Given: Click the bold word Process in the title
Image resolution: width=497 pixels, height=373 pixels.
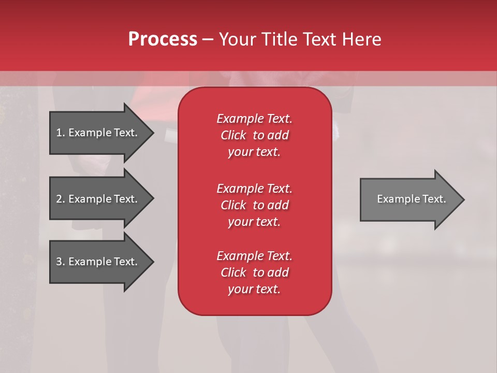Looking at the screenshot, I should (163, 39).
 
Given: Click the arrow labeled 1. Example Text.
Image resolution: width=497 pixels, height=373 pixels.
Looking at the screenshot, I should (98, 133).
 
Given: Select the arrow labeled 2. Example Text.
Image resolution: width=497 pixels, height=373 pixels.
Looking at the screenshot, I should (98, 199).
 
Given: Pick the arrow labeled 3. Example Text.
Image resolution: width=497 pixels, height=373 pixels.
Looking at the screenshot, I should (98, 262).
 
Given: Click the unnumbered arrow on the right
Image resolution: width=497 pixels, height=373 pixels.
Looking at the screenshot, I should (409, 199).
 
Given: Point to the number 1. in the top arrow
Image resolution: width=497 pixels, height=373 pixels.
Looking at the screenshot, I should (60, 133).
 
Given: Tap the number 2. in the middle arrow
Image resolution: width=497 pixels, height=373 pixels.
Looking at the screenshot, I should (60, 199).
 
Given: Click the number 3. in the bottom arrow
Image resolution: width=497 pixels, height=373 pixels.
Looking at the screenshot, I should (60, 262).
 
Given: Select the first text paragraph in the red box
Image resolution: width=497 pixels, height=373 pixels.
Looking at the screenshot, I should (254, 135).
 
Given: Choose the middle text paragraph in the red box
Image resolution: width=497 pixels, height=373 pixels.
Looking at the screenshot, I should (254, 205).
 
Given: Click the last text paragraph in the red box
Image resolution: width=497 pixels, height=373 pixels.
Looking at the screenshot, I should (254, 272).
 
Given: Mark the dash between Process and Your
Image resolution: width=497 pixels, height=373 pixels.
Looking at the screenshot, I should (208, 39).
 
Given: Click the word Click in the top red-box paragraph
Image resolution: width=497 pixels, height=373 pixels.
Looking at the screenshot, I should (233, 135).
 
